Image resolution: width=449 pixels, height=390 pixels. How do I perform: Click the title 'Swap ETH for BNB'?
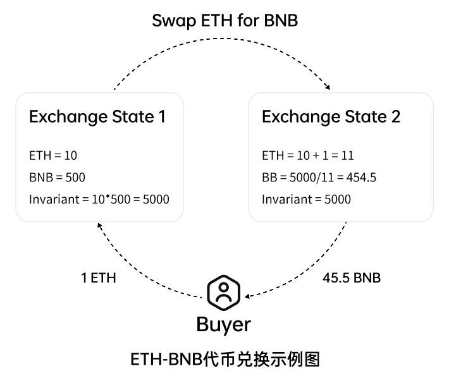pos(225,20)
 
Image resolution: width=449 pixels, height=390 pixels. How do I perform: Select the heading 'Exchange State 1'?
pos(97,117)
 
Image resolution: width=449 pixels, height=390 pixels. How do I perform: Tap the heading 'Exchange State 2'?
pos(331,117)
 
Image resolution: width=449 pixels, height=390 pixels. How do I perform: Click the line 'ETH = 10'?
pos(52,155)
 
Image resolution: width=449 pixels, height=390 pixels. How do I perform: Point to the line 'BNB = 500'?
pos(57,178)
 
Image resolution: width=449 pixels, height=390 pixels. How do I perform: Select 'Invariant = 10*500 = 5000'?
pos(99,200)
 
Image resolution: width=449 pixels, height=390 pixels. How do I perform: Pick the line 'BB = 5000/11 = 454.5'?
pos(319,178)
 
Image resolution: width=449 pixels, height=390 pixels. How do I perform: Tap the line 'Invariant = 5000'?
pos(306,200)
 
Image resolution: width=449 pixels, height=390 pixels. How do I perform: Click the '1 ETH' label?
pos(98,278)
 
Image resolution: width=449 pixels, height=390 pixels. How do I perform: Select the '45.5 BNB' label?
pos(352,278)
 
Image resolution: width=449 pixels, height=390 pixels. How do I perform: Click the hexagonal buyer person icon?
pos(224,291)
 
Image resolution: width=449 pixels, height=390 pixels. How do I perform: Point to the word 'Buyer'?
pos(224,324)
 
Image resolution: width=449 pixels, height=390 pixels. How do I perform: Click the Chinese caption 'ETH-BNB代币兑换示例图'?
pos(225,360)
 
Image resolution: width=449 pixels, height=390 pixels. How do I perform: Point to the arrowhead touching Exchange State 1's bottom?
pos(100,226)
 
